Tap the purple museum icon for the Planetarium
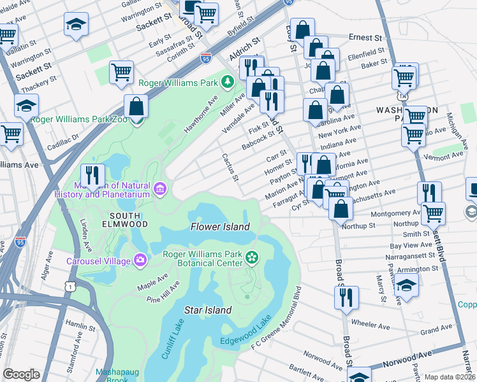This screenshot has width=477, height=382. [159, 188]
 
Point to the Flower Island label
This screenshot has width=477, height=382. [220, 227]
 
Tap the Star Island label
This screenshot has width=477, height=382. [208, 310]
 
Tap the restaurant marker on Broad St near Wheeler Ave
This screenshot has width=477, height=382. [346, 297]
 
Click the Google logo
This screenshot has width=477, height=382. [21, 374]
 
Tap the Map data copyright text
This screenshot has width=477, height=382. [450, 376]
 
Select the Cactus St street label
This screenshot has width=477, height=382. [230, 166]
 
